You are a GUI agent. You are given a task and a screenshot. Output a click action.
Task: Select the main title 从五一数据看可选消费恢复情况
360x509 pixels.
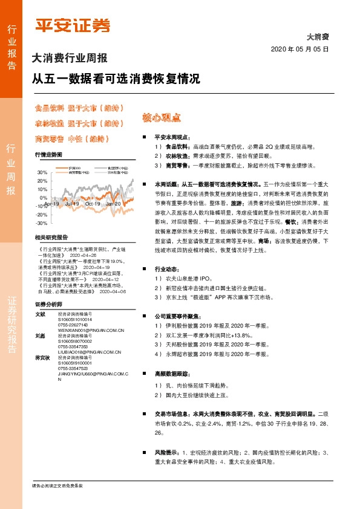(x=116, y=79)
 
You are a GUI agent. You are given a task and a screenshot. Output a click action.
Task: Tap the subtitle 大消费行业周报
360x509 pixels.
(x=69, y=59)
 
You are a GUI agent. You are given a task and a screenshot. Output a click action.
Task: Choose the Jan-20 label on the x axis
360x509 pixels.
(x=113, y=204)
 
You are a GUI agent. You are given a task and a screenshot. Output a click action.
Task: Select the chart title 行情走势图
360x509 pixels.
(x=48, y=155)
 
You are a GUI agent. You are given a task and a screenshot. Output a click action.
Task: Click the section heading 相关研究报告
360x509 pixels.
(x=51, y=237)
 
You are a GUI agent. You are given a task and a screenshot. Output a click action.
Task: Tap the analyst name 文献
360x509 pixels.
(x=41, y=314)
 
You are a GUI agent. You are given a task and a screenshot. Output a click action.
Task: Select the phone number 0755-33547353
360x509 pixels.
(x=73, y=355)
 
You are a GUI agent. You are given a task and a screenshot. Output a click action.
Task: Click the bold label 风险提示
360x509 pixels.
(x=166, y=452)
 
